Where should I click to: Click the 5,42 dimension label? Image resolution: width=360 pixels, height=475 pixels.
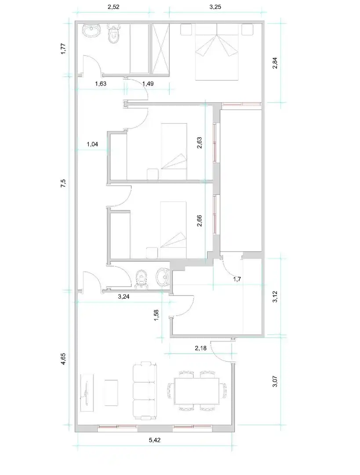tap(154, 440)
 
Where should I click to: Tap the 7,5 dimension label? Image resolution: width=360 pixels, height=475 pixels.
tap(63, 183)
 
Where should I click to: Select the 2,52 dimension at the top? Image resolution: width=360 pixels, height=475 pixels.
tap(113, 7)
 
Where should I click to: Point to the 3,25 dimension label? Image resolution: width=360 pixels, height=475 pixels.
tap(215, 7)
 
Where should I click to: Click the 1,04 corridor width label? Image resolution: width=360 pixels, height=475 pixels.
tap(92, 144)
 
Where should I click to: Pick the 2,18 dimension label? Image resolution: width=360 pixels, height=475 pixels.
tap(200, 348)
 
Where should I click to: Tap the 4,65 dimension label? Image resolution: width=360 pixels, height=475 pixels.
tap(63, 359)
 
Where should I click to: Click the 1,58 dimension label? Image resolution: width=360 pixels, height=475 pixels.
tap(156, 315)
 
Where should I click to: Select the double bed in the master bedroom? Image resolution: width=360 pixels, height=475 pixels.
tap(217, 52)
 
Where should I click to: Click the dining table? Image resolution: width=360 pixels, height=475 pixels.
tap(196, 391)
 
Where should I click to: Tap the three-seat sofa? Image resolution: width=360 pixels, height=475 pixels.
tap(145, 391)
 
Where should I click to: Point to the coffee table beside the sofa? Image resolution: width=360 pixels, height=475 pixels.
tap(111, 393)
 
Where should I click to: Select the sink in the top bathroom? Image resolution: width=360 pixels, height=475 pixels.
tap(92, 31)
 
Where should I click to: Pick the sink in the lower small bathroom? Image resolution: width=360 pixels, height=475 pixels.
tap(163, 277)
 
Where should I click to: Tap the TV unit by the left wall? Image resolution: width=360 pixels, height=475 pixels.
tap(87, 393)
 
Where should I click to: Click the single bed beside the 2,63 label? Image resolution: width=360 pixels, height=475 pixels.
tap(174, 150)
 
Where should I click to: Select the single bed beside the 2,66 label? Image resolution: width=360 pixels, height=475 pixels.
tap(173, 230)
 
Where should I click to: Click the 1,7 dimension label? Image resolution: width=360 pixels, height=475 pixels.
tap(237, 279)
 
